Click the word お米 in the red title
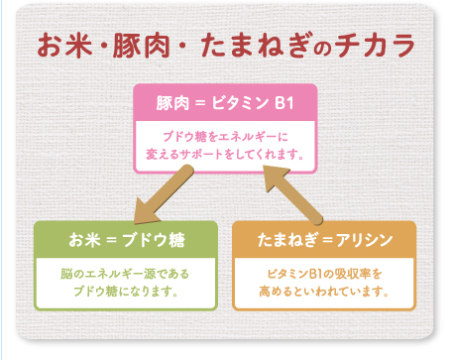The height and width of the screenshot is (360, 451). (x=64, y=46)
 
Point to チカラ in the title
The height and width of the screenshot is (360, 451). (x=375, y=46)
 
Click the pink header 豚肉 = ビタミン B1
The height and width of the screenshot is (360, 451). (x=225, y=103)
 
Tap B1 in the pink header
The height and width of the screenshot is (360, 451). (x=284, y=103)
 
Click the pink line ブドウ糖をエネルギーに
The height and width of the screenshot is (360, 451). (x=225, y=137)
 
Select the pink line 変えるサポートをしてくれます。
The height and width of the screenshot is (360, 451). (x=225, y=155)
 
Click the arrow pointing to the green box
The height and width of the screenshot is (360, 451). (x=163, y=195)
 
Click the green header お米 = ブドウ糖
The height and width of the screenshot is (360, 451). (x=127, y=240)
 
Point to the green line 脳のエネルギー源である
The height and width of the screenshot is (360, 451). (x=125, y=274)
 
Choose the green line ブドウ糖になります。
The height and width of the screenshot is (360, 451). (x=126, y=292)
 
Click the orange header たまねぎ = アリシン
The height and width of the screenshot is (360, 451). (x=325, y=240)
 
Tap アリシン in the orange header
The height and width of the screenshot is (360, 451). (x=365, y=240)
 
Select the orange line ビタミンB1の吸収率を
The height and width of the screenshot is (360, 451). (x=324, y=274)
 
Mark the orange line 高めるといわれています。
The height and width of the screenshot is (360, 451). (x=324, y=292)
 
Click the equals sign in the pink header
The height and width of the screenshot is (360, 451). (x=200, y=103)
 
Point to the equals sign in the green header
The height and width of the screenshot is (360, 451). (x=112, y=240)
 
